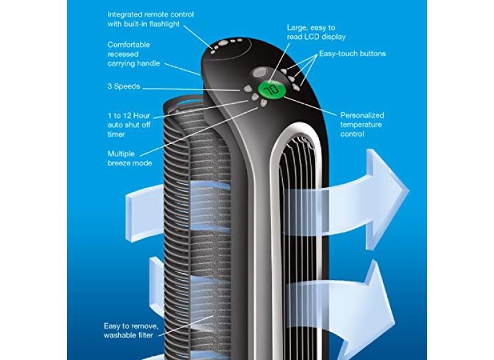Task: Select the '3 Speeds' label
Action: pos(123,87)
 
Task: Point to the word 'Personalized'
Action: pos(362,115)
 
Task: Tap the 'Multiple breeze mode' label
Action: pos(129,158)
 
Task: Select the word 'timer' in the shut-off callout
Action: pos(116,134)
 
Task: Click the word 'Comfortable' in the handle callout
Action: pos(129,45)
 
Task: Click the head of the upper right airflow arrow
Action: pos(390,183)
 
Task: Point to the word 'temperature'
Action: pos(361,124)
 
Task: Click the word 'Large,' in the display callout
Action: pos(299,27)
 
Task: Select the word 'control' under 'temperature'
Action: pos(352,134)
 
